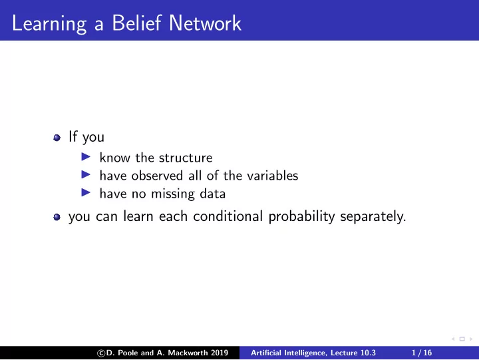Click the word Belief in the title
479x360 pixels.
[136, 23]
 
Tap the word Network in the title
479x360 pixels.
[205, 23]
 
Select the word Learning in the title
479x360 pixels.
[49, 24]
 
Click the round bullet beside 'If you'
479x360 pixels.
[57, 138]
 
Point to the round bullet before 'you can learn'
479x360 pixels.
[57, 218]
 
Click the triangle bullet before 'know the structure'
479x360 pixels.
[86, 157]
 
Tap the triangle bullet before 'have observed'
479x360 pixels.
[86, 175]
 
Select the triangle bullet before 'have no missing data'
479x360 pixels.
[86, 193]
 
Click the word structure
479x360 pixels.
[186, 158]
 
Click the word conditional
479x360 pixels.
[228, 216]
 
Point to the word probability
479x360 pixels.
[301, 217]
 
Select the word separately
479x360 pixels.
[373, 217]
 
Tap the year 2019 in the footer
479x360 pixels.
[220, 353]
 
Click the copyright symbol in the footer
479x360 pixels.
[101, 353]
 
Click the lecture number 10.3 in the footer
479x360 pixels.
[368, 353]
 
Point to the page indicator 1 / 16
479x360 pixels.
[422, 353]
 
